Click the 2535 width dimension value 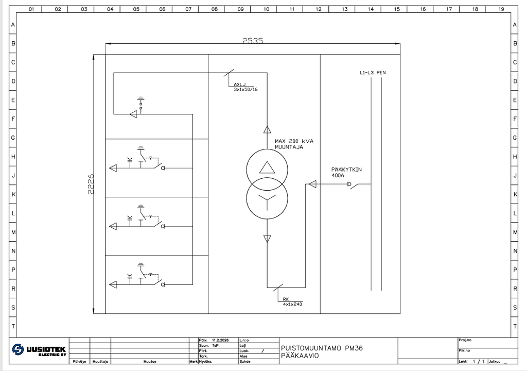click(253, 41)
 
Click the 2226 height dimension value click(90, 184)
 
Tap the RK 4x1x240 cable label click(291, 301)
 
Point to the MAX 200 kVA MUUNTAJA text click(294, 144)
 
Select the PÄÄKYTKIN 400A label click(347, 172)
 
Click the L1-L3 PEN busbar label click(373, 73)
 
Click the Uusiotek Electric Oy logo click(39, 350)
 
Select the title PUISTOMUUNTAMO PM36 click(322, 348)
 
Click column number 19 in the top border click(501, 9)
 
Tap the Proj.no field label click(465, 340)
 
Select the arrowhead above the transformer click(267, 129)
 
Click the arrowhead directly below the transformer click(267, 238)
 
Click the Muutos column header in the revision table click(150, 362)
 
